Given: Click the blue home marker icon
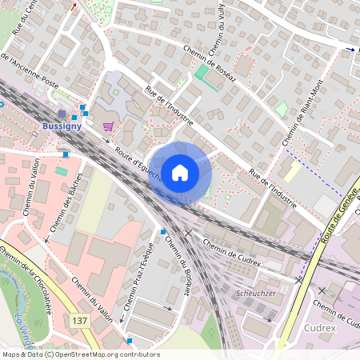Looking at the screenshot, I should [x=180, y=172].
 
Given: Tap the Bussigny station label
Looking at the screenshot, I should [x=60, y=127].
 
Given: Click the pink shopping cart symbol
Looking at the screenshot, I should [x=108, y=126].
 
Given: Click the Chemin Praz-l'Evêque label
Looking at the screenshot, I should [x=138, y=277].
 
